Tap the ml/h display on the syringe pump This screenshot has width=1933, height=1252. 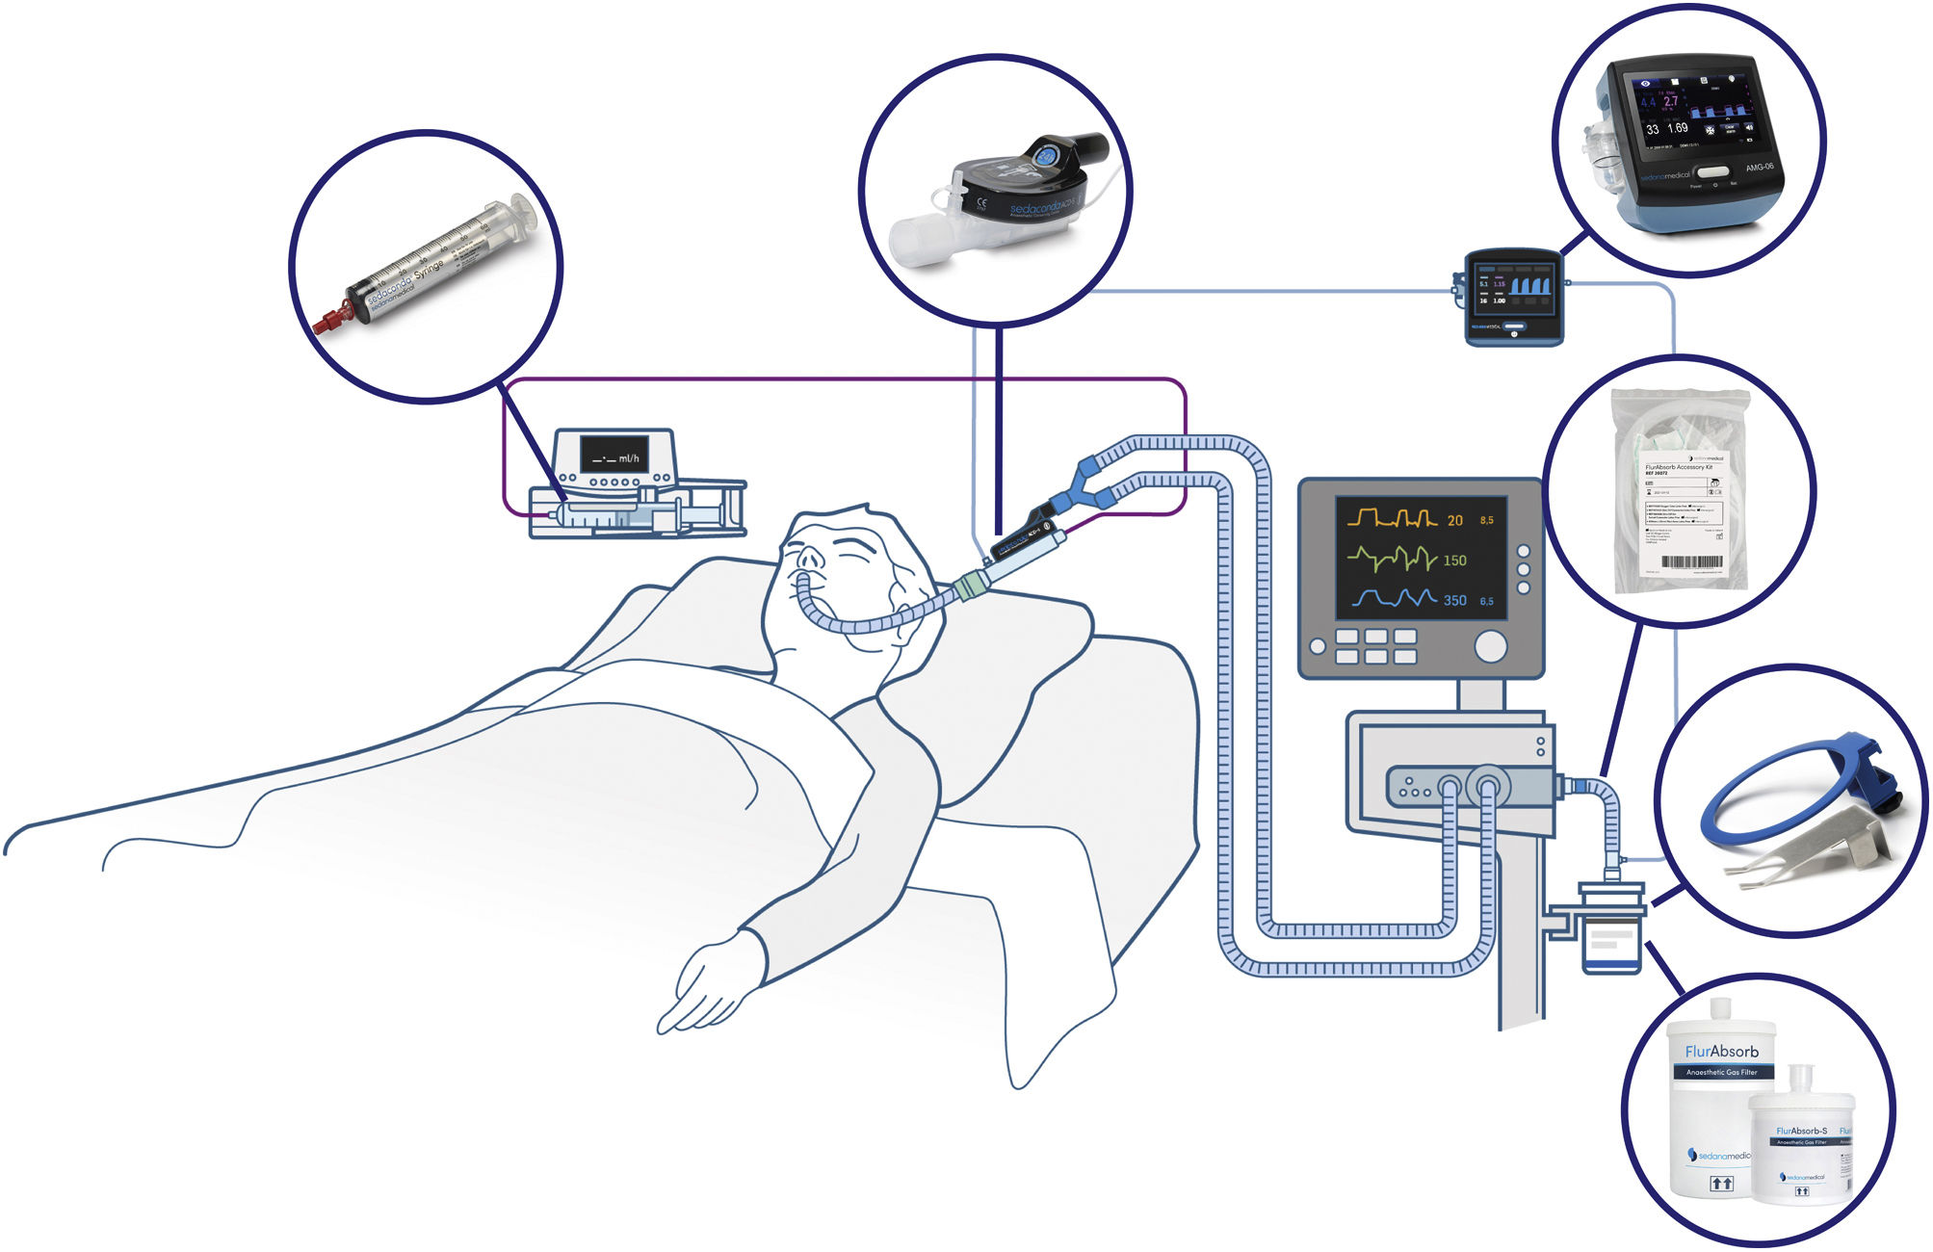[x=615, y=456]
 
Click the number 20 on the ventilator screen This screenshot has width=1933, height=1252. [x=1454, y=520]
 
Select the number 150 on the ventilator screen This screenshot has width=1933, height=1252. [x=1454, y=561]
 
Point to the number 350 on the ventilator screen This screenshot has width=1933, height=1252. [x=1454, y=600]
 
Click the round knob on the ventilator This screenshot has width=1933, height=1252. [x=1490, y=646]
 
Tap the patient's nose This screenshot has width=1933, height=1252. [x=812, y=559]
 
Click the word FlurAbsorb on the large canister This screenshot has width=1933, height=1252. [x=1721, y=1051]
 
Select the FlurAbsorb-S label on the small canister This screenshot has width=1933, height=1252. [x=1801, y=1131]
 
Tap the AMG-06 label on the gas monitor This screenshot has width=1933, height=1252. [x=1759, y=167]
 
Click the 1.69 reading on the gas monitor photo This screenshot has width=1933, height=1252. [x=1678, y=128]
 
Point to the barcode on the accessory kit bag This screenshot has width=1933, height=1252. [x=1691, y=562]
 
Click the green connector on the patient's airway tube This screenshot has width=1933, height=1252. [x=972, y=585]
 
